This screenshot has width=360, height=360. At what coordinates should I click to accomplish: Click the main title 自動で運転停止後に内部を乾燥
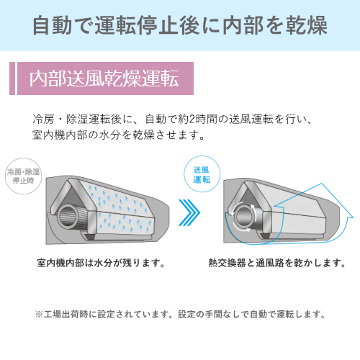click(x=180, y=25)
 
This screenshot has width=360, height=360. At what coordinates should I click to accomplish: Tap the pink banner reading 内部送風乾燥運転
click(x=105, y=78)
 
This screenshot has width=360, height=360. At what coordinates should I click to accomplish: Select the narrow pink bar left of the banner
click(x=12, y=78)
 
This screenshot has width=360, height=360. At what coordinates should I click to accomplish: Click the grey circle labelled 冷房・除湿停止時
click(x=24, y=176)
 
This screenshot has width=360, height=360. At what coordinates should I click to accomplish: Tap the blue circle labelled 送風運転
click(x=202, y=174)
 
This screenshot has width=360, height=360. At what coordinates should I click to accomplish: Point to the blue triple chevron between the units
click(x=189, y=212)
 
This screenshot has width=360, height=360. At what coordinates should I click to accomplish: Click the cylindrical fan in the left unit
click(x=68, y=217)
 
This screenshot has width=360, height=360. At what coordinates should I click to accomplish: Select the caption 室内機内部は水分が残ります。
click(x=101, y=263)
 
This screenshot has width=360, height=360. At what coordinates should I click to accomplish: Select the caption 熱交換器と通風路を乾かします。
click(x=276, y=263)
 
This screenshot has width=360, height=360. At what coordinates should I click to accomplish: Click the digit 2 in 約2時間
click(x=192, y=119)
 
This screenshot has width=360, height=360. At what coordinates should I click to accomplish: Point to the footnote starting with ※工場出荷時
click(x=180, y=314)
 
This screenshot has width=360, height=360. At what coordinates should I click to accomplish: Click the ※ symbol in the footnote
click(x=39, y=314)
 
